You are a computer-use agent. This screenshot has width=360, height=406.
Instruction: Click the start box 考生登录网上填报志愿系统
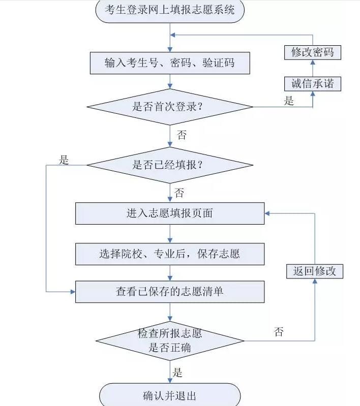pos(169,10)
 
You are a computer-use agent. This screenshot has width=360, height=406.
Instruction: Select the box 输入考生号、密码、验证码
pos(169,63)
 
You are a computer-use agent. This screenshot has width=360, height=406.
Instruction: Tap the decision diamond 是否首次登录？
pos(169,107)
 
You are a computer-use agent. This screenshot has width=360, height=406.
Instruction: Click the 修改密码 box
pos(312,52)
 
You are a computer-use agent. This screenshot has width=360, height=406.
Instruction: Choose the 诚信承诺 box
pos(312,83)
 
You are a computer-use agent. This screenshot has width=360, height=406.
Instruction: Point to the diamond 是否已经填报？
pos(169,165)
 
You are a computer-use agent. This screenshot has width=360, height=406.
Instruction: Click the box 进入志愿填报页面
pos(169,213)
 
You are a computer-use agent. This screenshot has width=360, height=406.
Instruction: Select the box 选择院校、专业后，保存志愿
pos(169,254)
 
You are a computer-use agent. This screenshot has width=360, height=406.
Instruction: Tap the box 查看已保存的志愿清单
pos(169,292)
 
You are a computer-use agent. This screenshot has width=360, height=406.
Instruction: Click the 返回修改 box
pos(315,271)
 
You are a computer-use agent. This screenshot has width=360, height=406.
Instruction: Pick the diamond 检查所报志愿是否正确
pos(169,341)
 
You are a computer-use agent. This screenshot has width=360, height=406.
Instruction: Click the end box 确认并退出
pos(169,395)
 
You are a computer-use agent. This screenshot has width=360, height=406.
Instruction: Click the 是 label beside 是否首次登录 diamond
pos(289,101)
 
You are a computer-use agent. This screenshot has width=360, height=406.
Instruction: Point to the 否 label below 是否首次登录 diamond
pos(181,135)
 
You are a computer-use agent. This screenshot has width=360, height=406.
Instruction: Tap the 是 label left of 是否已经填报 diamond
pos(64,160)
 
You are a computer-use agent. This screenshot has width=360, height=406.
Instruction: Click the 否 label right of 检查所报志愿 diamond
pos(279,332)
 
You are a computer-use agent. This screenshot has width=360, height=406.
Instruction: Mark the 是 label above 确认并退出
pos(177,373)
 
